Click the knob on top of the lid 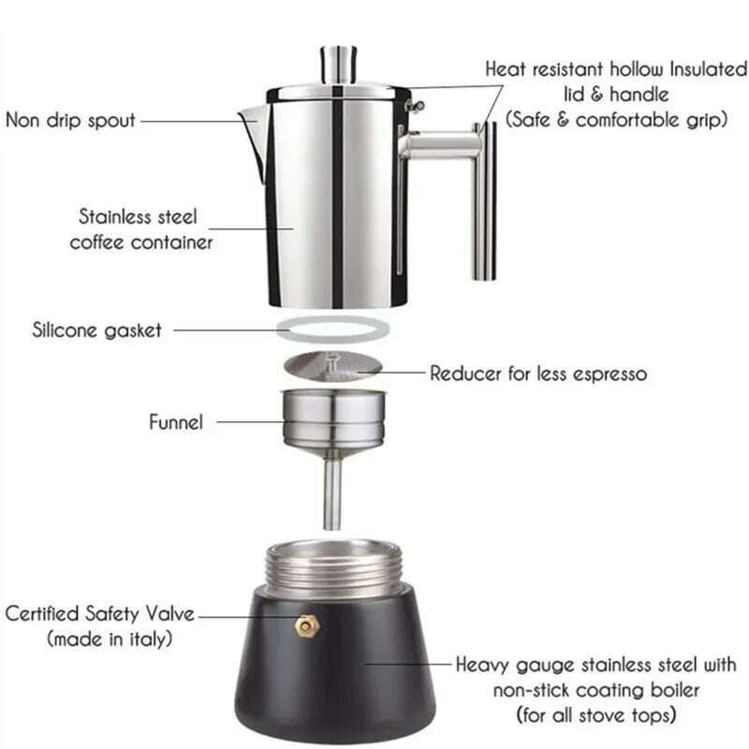pyautogui.click(x=337, y=63)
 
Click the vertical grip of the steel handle pyautogui.click(x=484, y=201)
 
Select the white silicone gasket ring pyautogui.click(x=332, y=330)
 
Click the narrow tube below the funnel pyautogui.click(x=332, y=492)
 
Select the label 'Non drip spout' pyautogui.click(x=71, y=120)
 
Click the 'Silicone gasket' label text pyautogui.click(x=96, y=330)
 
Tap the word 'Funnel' pyautogui.click(x=175, y=422)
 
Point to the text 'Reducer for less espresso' pyautogui.click(x=538, y=374)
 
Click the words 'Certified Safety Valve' pyautogui.click(x=100, y=614)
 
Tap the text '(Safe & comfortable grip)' pyautogui.click(x=616, y=120)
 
